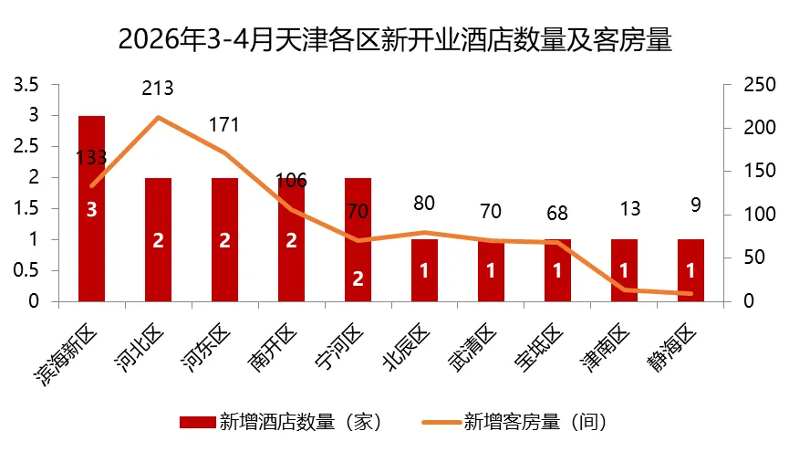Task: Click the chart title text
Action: click(395, 40)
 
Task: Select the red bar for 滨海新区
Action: click(91, 208)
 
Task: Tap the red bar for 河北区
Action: click(158, 240)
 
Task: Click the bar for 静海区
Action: click(690, 270)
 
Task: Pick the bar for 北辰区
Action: click(424, 270)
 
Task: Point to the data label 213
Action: click(158, 89)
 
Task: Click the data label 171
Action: click(223, 125)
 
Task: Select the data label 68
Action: click(557, 214)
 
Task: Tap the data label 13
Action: click(630, 208)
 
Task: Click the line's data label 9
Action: click(696, 205)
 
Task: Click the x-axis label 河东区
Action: click(205, 349)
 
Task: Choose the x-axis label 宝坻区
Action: click(538, 349)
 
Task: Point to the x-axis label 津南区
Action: click(605, 349)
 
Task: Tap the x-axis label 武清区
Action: click(472, 349)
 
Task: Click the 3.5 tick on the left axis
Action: click(26, 85)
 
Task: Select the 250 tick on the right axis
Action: click(760, 85)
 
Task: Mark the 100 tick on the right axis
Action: click(760, 215)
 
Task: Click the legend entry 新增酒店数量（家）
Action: click(281, 422)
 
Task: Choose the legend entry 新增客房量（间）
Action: click(514, 422)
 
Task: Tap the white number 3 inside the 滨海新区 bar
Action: click(91, 210)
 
